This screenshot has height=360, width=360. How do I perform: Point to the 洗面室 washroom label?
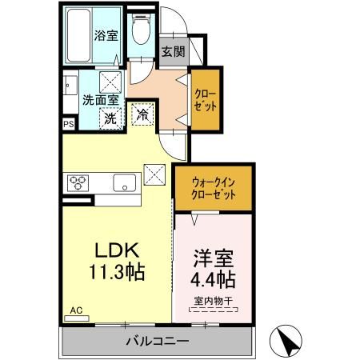tap(101, 100)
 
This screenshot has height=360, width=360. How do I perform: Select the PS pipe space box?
tap(69, 124)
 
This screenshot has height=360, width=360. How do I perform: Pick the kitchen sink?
tap(126, 182)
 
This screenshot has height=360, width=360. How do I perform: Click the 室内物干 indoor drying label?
tap(213, 302)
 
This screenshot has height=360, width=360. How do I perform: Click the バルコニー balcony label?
tap(157, 342)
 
